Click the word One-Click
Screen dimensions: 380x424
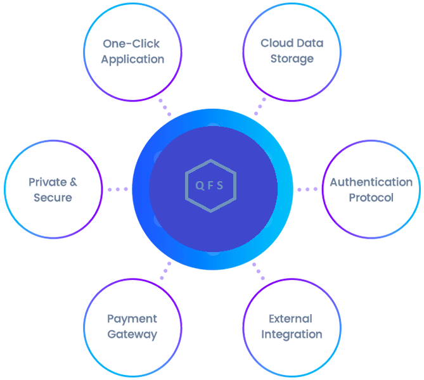click(132, 44)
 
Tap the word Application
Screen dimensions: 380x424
click(132, 60)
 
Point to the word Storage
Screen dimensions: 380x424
click(292, 59)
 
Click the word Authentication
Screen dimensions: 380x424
click(371, 182)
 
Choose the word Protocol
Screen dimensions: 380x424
click(371, 198)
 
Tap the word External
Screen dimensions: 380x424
click(290, 319)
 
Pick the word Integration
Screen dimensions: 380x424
click(292, 334)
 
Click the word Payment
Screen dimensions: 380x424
click(132, 319)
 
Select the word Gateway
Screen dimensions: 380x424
click(132, 334)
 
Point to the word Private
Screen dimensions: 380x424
click(46, 182)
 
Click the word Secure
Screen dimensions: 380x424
click(53, 198)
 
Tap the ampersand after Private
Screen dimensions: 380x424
click(72, 182)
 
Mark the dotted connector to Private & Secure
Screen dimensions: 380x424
click(118, 189)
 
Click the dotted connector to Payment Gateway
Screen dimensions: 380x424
click(165, 270)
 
